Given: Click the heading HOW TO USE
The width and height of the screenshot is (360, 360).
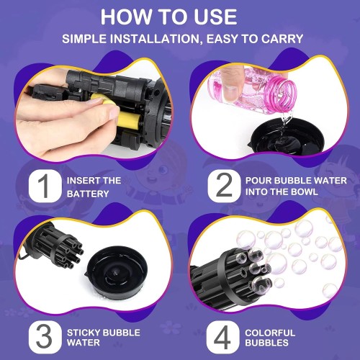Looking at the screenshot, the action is (168, 17).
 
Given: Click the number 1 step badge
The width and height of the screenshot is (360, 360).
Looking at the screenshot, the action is (45, 186).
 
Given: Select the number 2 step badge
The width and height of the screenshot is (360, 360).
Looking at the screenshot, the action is (224, 186).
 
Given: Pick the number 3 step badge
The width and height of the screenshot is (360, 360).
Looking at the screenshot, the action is (45, 337).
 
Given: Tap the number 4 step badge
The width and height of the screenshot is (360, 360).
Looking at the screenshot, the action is (222, 337).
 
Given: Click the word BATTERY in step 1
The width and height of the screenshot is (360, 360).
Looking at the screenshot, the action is (88, 194).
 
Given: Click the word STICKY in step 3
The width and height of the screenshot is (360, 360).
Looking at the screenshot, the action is (84, 333).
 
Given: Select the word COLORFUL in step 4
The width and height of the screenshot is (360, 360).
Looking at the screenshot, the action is (270, 333).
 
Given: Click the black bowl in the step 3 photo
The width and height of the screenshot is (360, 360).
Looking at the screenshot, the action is (117, 272).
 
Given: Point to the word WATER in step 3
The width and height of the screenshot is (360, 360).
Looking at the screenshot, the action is (84, 343).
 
